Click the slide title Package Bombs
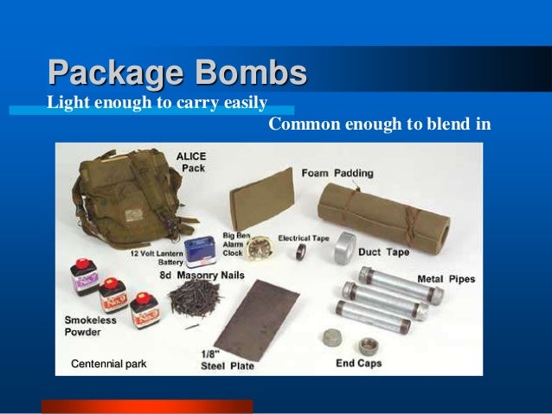177,73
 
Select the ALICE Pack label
192,162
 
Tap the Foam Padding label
337,173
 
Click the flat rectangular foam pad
262,199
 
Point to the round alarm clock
258,251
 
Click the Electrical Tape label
303,237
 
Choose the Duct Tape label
384,252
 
